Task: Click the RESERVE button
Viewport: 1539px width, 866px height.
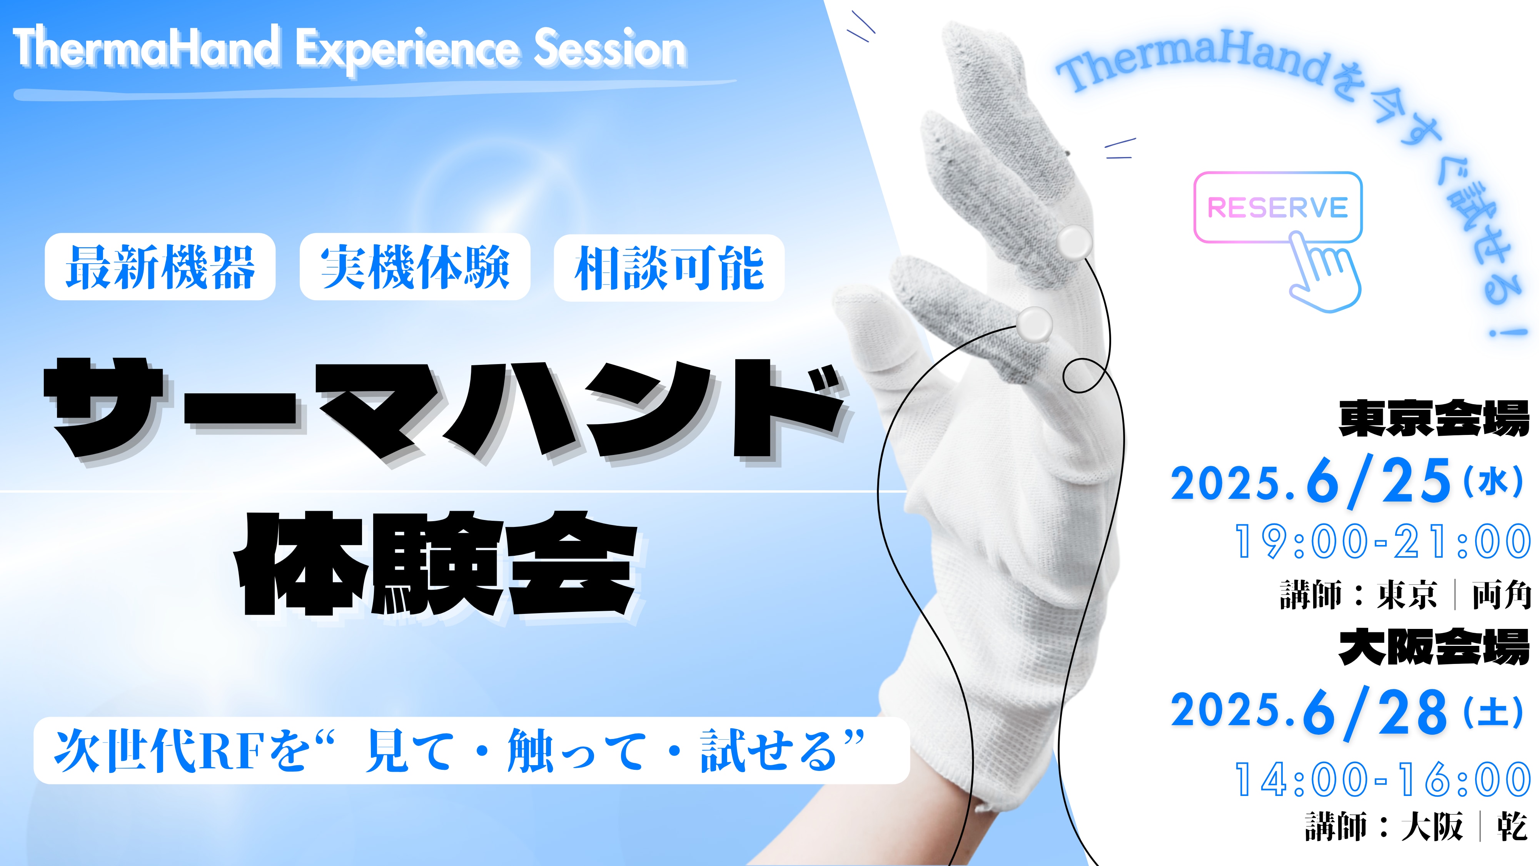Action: (1277, 207)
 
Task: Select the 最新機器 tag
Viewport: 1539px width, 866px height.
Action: (160, 267)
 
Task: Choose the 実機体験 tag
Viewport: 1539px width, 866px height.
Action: (415, 267)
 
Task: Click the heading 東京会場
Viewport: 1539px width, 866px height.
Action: (1434, 418)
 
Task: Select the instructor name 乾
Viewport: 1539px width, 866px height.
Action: (1512, 827)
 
